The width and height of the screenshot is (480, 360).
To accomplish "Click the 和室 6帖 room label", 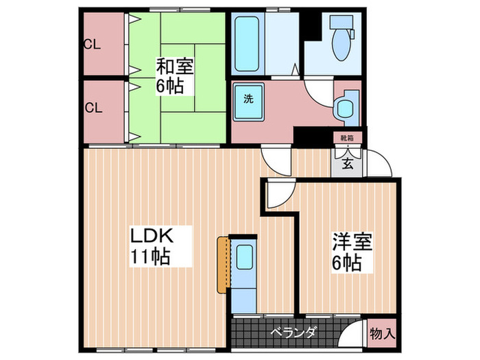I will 174,76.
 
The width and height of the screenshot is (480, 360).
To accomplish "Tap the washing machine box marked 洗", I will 248,98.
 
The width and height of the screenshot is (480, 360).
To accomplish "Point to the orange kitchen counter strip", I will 223,264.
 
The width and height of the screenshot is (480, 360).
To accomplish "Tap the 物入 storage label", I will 383,335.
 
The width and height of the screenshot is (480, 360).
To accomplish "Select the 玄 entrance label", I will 348,164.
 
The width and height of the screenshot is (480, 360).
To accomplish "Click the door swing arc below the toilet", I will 318,91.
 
